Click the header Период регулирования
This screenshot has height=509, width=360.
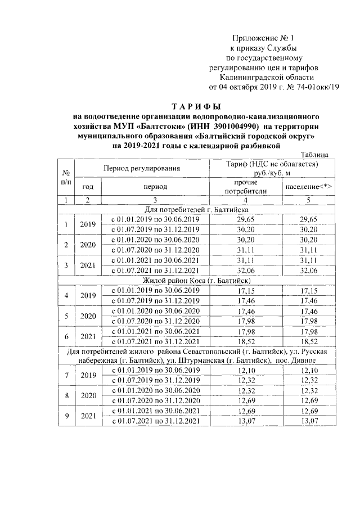[141, 168]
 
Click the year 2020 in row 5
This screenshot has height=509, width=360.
[88, 316]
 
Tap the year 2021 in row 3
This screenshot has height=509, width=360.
[88, 265]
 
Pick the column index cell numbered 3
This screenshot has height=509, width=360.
[155, 200]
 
